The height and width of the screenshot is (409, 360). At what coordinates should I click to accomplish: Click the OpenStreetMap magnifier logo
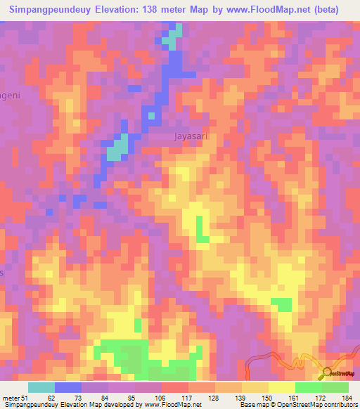tap(328, 373)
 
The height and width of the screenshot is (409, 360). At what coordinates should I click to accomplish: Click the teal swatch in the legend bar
tap(41, 387)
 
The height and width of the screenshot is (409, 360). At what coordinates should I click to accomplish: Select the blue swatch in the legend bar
tap(68, 387)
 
